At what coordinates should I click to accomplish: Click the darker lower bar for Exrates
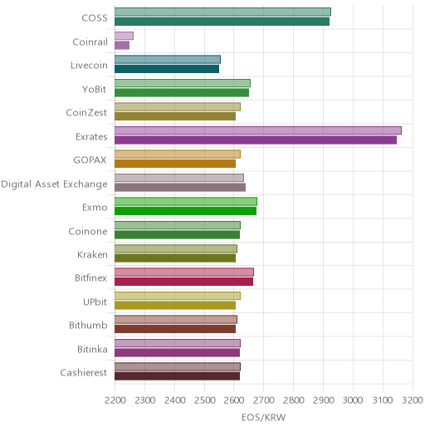point(256,140)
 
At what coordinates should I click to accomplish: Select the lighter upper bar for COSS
point(222,12)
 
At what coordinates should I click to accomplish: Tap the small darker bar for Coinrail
point(122,46)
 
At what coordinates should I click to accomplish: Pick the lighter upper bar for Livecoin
point(168,60)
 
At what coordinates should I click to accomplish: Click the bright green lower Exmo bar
point(186,211)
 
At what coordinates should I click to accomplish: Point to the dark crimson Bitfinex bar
point(184,282)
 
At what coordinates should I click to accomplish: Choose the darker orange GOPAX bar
point(175,164)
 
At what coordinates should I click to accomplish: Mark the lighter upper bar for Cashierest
point(178,366)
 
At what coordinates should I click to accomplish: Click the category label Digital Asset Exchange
point(54,184)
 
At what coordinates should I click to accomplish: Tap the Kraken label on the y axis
point(92,254)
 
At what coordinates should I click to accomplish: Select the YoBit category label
point(95,89)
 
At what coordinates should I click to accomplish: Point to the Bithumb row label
point(88,325)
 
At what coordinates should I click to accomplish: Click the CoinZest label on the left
point(86,113)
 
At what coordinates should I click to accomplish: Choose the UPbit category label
point(95,302)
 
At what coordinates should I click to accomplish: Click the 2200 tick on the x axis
point(115,400)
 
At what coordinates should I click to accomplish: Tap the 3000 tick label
point(353,400)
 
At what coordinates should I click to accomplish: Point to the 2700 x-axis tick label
point(264,400)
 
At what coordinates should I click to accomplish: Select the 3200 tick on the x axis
point(413,400)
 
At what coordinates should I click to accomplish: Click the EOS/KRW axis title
point(264,417)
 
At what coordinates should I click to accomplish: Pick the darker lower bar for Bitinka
point(178,352)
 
